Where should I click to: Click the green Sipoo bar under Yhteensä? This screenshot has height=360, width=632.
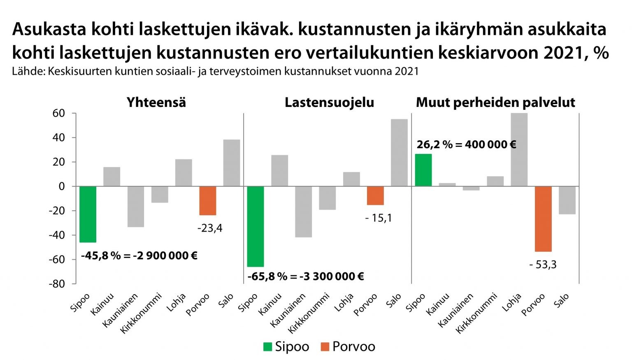(88, 214)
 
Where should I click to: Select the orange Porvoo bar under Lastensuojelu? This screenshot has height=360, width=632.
(375, 195)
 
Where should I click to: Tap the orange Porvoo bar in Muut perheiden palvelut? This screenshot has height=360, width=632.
(543, 219)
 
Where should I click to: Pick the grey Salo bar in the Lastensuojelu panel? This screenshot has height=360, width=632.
(399, 153)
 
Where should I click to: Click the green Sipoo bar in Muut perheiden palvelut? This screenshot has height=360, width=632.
(423, 170)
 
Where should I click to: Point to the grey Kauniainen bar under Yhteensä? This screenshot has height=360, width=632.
(136, 207)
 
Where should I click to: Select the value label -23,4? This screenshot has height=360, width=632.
(210, 228)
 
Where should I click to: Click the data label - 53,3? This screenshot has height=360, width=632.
(543, 265)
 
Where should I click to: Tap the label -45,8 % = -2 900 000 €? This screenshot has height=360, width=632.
(139, 256)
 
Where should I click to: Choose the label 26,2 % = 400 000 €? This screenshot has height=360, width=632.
(466, 144)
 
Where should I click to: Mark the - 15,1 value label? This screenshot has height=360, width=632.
(379, 218)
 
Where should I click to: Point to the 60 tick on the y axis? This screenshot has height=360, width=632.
(59, 113)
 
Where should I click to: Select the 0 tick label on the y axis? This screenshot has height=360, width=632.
(62, 186)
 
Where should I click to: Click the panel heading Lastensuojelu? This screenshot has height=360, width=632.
(329, 102)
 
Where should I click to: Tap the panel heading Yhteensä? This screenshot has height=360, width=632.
(156, 102)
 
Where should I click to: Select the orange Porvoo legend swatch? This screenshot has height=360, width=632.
(325, 347)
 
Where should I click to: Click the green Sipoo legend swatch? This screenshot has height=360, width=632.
(267, 347)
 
